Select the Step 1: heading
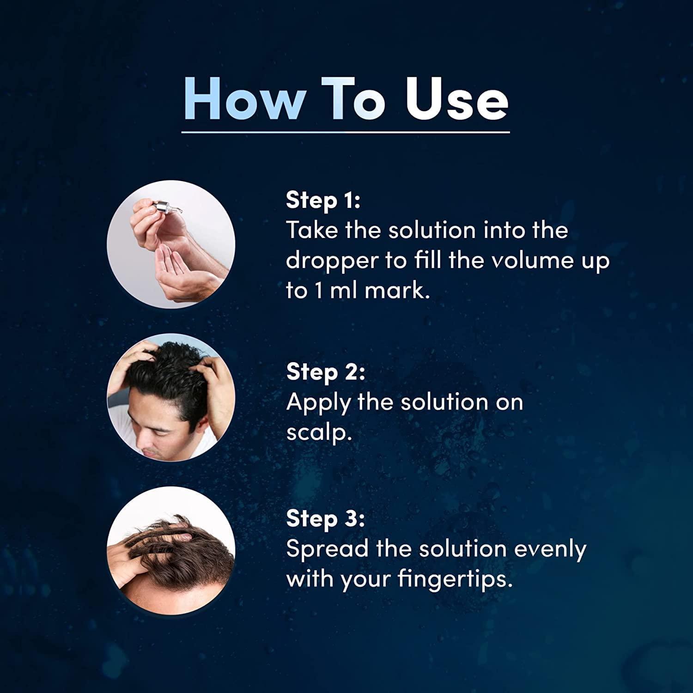click(323, 200)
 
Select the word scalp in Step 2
click(316, 433)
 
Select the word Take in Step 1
click(312, 230)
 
